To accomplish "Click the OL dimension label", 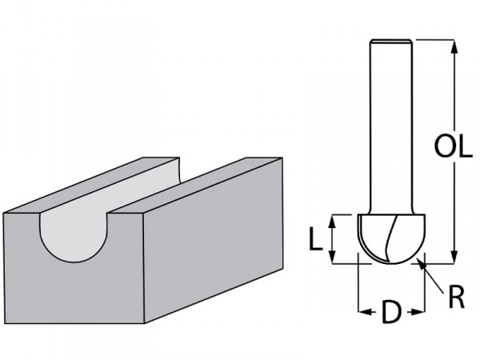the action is click(453, 147).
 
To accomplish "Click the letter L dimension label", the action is click(316, 238).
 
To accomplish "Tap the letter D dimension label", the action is click(391, 312).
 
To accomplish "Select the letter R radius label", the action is click(457, 297).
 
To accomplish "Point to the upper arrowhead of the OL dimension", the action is click(454, 47).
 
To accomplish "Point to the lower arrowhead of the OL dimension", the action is click(454, 256).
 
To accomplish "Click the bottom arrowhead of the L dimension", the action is click(333, 257).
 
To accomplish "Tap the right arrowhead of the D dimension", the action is click(418, 312).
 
